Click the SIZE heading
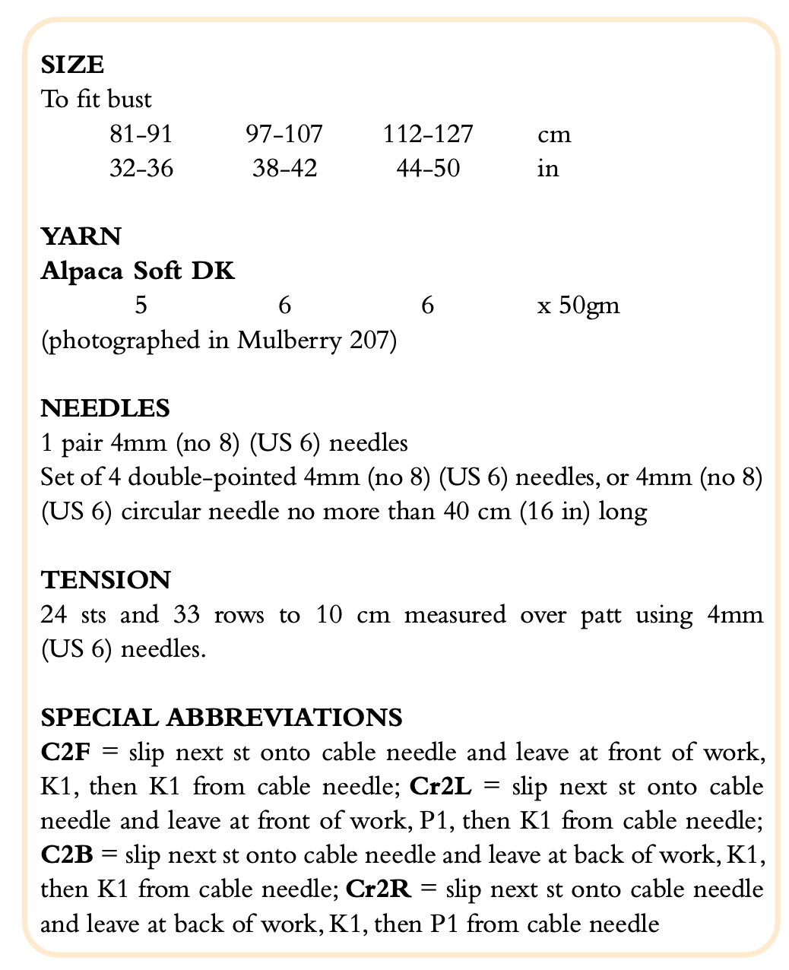(72, 64)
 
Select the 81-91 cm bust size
(141, 135)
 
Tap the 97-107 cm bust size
(284, 135)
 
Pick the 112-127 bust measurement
(428, 135)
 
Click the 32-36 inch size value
(141, 168)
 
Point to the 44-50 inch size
(428, 168)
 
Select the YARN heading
(81, 236)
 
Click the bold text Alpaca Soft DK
(138, 271)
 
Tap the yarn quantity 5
(141, 306)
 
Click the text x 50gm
(578, 306)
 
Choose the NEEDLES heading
(105, 408)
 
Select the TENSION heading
(106, 580)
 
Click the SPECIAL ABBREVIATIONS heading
(221, 717)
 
